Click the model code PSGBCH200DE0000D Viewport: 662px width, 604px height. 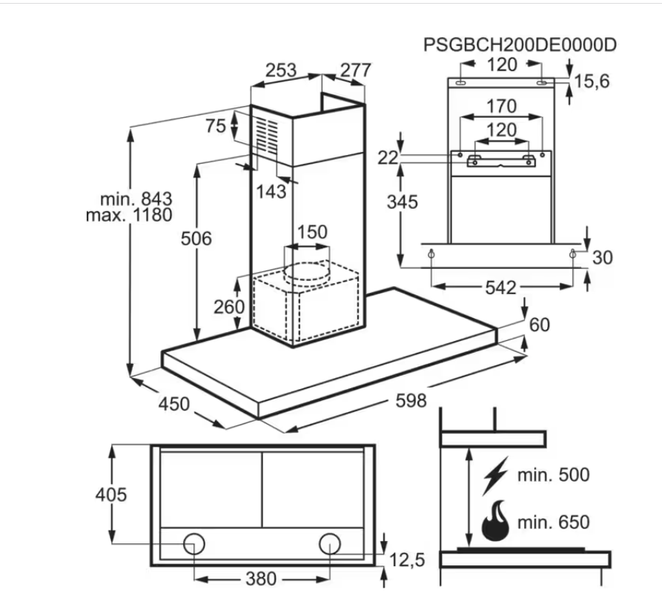tap(520, 44)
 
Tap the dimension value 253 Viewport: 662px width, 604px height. tap(281, 71)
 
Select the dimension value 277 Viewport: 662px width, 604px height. tap(355, 70)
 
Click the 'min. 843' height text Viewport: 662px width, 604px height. tap(136, 199)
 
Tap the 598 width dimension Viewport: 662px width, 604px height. tap(411, 401)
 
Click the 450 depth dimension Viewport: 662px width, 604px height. tap(173, 404)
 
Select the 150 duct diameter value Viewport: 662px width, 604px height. tap(312, 232)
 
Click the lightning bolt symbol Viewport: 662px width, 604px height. tap(494, 475)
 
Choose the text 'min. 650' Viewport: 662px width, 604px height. tap(554, 522)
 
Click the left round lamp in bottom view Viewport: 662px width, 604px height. tap(194, 545)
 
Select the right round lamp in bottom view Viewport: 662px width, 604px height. tap(330, 545)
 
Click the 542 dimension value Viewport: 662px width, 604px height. tap(500, 288)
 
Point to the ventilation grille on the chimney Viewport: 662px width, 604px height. tap(269, 136)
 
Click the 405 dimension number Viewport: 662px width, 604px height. tap(110, 494)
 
